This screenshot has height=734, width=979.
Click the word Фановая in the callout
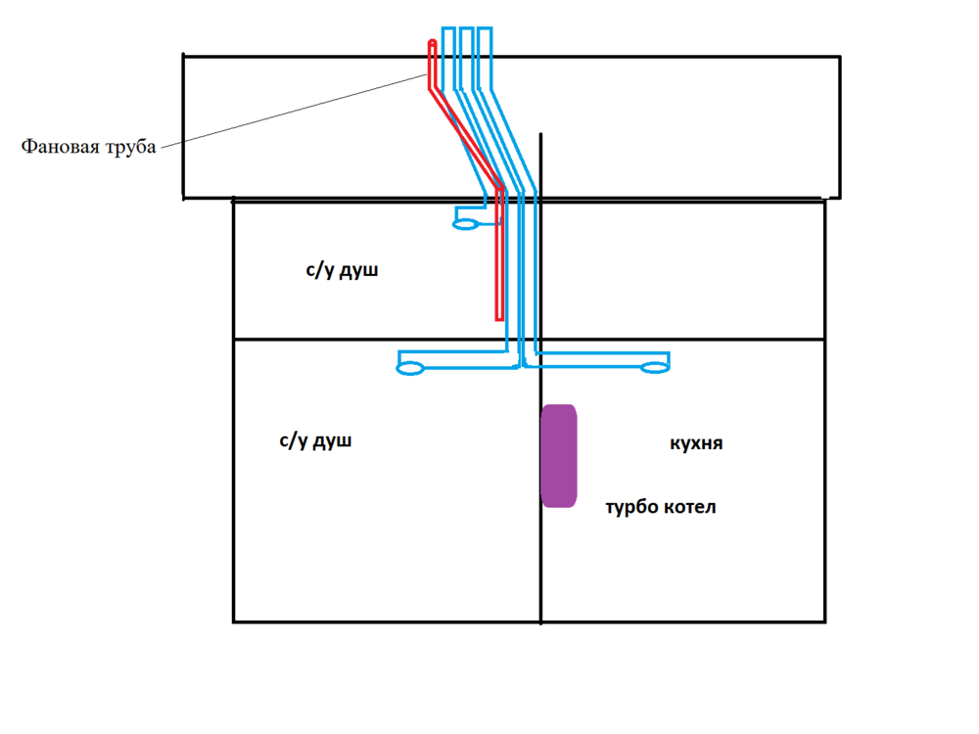pos(61,146)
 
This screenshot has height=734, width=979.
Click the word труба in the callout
pos(131,148)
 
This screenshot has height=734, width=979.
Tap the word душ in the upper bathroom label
pos(358,271)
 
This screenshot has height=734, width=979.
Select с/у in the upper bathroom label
pos(319,270)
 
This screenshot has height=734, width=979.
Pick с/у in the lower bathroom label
pos(293,440)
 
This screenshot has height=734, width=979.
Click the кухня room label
pos(696,443)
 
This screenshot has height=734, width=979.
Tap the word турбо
pos(631,507)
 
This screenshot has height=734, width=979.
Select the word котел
pos(689,507)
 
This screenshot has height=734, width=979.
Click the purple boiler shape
pos(559,456)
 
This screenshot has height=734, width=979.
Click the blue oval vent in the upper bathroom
pos(465,224)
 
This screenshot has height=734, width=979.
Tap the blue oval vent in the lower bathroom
pos(410,368)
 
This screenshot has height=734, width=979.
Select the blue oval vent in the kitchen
pos(655,368)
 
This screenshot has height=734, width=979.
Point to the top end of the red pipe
pos(432,42)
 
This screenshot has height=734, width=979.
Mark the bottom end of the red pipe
pos(499,319)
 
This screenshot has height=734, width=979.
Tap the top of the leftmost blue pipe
pos(448,28)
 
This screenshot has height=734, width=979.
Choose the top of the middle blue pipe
pos(466,28)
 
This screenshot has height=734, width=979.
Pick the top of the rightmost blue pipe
pos(485,28)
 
